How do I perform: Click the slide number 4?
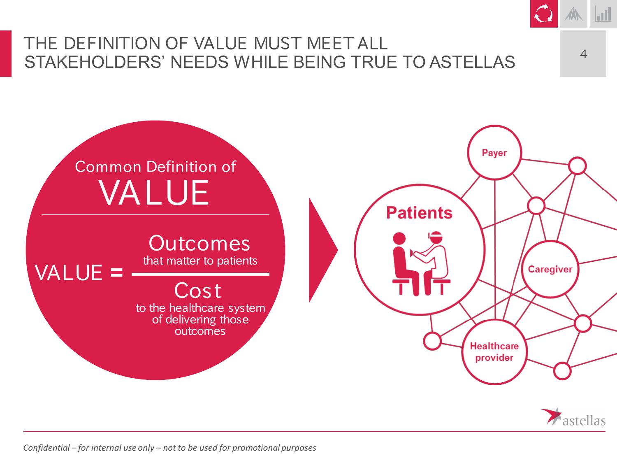(x=584, y=54)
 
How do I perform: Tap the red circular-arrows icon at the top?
(x=544, y=14)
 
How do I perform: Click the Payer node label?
(x=494, y=153)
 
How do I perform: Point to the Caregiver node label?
(x=550, y=269)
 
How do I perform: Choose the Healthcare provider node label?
(x=494, y=352)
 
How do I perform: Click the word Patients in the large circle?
(x=419, y=212)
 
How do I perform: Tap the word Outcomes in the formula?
(x=199, y=243)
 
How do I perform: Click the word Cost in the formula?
(x=198, y=291)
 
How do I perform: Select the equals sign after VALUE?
(x=117, y=272)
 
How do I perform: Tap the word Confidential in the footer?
(x=46, y=447)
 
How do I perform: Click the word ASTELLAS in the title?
(x=472, y=62)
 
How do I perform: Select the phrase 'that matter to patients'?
(x=200, y=261)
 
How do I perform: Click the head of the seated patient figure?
(x=399, y=239)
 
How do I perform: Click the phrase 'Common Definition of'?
(x=155, y=166)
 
